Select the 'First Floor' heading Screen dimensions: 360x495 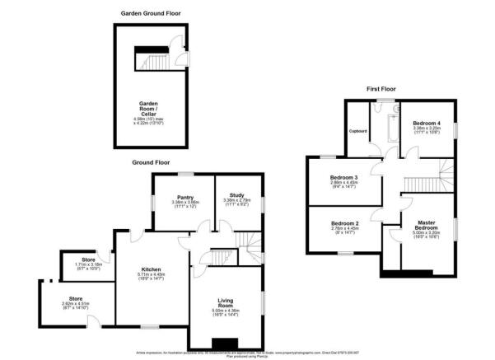[384, 88]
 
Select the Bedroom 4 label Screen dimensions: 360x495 [427, 123]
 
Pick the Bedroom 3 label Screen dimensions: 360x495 [344, 177]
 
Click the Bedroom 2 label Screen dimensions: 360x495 [344, 223]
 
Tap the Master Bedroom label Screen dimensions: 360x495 [426, 223]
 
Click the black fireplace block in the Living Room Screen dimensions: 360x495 [223, 344]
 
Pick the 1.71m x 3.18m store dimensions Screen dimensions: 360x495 [88, 266]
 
